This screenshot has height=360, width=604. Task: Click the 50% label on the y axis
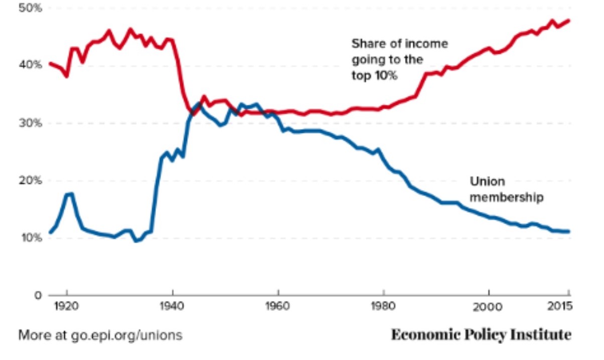point(31,9)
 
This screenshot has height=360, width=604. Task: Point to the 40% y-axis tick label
point(31,65)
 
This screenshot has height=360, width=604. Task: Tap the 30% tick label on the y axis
point(31,123)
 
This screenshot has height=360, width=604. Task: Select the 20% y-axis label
point(31,181)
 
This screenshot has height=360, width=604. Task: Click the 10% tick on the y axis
point(31,238)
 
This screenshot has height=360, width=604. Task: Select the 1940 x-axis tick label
point(173,306)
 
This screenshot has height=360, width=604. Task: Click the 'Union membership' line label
point(506,189)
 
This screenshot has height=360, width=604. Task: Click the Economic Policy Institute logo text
point(481,334)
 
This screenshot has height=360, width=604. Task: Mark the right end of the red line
point(569,21)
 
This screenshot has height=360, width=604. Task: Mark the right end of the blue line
point(569,231)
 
